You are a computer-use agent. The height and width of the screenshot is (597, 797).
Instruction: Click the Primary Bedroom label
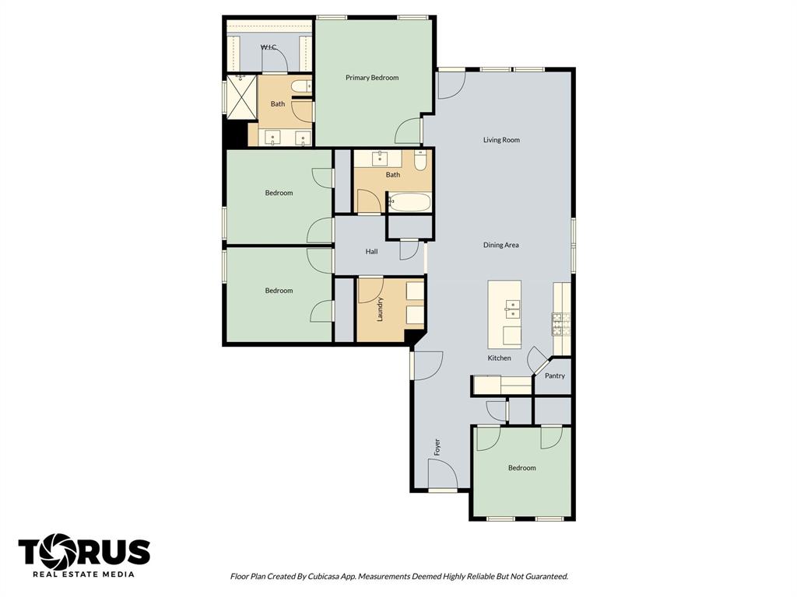click(372, 78)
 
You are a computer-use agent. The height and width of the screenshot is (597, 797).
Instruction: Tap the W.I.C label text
click(269, 47)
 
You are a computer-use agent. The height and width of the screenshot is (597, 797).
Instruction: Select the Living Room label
click(501, 140)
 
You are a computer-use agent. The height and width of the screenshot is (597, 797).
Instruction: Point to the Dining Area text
click(500, 245)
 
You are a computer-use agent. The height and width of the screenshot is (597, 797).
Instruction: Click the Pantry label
click(554, 375)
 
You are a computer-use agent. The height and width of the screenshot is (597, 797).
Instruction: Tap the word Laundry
click(380, 309)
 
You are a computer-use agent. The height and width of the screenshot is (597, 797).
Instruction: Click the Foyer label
click(437, 447)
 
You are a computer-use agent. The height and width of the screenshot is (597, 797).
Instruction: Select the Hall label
click(371, 252)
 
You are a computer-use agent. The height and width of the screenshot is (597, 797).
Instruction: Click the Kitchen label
click(499, 358)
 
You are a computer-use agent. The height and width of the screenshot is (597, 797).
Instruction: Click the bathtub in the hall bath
click(409, 203)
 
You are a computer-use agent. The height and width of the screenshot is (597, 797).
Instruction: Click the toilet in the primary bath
click(301, 86)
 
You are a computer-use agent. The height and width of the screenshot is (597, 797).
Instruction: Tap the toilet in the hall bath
click(420, 161)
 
